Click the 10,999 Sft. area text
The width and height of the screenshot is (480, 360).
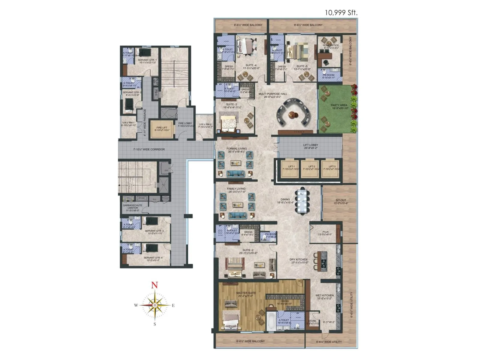(x=341, y=13)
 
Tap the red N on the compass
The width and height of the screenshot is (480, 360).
(x=154, y=285)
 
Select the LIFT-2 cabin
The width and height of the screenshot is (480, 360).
(x=312, y=168)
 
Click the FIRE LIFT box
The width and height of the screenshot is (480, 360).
(x=162, y=129)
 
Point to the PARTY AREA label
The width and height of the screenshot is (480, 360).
(x=339, y=105)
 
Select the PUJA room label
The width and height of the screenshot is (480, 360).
(x=325, y=232)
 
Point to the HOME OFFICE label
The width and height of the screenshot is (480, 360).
(x=331, y=45)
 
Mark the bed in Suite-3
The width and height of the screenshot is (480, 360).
(x=229, y=124)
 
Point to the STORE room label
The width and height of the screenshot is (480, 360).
(x=312, y=321)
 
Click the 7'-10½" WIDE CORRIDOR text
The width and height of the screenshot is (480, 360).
(x=149, y=149)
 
